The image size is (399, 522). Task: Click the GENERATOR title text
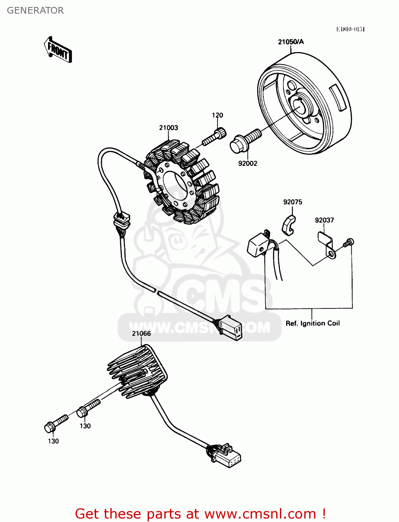tap(35, 10)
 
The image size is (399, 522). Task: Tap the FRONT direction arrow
tap(58, 50)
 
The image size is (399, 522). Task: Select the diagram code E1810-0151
tap(350, 29)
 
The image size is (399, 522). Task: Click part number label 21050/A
tap(291, 42)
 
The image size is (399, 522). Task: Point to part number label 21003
tap(169, 128)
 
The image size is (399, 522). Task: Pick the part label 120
tap(218, 115)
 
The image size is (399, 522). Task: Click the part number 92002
tap(248, 163)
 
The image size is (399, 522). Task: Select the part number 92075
tap(292, 202)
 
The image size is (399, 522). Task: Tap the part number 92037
tap(324, 220)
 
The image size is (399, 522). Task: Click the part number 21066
tap(141, 333)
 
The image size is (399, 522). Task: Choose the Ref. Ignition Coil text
tap(313, 323)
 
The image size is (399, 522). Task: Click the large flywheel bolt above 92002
tap(245, 141)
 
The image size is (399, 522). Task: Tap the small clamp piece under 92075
tap(289, 225)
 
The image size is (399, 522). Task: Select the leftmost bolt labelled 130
tap(56, 423)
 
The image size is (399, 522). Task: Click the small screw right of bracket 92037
tap(349, 243)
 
